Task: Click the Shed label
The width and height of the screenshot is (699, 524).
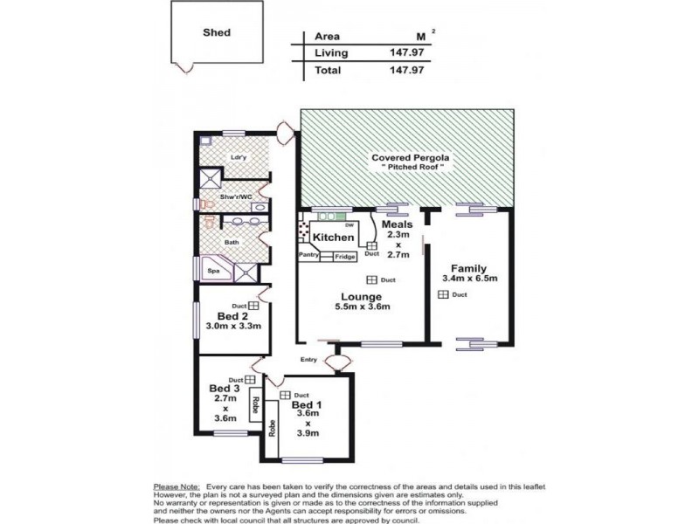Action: click(217, 32)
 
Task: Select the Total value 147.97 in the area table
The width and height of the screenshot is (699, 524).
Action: click(406, 70)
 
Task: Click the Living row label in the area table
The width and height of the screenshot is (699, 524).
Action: click(331, 53)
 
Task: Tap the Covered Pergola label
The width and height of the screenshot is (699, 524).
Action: click(408, 158)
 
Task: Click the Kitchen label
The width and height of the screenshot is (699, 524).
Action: click(334, 238)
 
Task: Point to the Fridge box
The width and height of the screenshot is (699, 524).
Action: click(345, 257)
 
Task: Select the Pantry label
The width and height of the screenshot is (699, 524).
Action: click(308, 255)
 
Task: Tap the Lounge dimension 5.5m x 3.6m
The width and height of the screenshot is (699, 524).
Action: click(362, 307)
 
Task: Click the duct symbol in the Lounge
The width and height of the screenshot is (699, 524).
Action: click(371, 280)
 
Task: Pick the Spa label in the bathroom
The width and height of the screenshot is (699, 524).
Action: click(213, 272)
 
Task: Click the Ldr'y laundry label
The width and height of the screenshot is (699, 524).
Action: click(236, 157)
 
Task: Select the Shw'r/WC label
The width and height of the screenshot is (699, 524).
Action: click(236, 196)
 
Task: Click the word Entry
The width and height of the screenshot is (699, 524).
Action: click(308, 359)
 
